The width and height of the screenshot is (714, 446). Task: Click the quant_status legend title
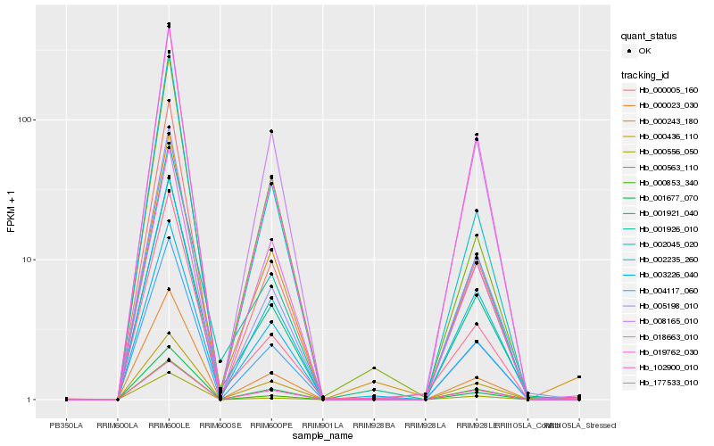[x=650, y=36]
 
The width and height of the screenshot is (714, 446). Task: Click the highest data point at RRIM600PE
[x=271, y=131]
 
